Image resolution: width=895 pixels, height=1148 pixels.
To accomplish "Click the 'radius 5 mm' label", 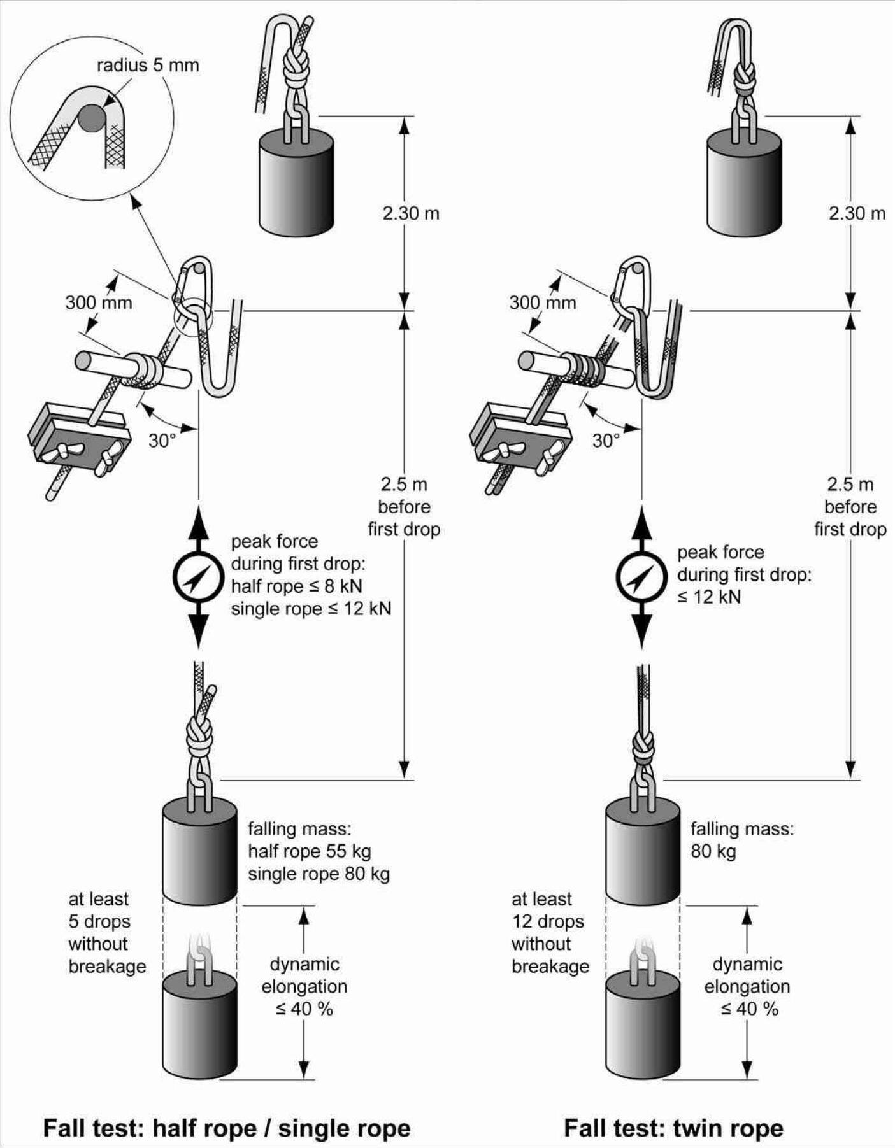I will pos(148,65).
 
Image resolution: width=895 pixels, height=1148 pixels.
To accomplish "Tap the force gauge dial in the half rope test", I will pos(198,578).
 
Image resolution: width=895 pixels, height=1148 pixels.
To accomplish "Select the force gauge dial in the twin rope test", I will pos(641,578).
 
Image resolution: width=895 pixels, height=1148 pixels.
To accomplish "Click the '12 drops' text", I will pos(548,921).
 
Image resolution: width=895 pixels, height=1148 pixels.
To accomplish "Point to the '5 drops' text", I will pos(99,921).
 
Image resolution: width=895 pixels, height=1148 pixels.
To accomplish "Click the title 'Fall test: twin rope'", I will pos(673,1128).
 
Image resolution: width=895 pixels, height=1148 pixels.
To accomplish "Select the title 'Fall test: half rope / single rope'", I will pos(227,1128).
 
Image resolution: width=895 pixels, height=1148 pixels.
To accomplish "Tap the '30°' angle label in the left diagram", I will pos(162,440).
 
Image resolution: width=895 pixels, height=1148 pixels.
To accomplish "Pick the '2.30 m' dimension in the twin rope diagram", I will pos(857,213).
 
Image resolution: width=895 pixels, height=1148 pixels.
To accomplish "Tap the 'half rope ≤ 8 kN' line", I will pos(296,586).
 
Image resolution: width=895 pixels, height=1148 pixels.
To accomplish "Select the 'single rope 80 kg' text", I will pos(319,874).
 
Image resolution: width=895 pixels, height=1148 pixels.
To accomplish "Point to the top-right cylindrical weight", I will pos(743,185).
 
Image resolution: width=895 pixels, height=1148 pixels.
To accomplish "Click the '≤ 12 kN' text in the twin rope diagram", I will pos(709,597).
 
